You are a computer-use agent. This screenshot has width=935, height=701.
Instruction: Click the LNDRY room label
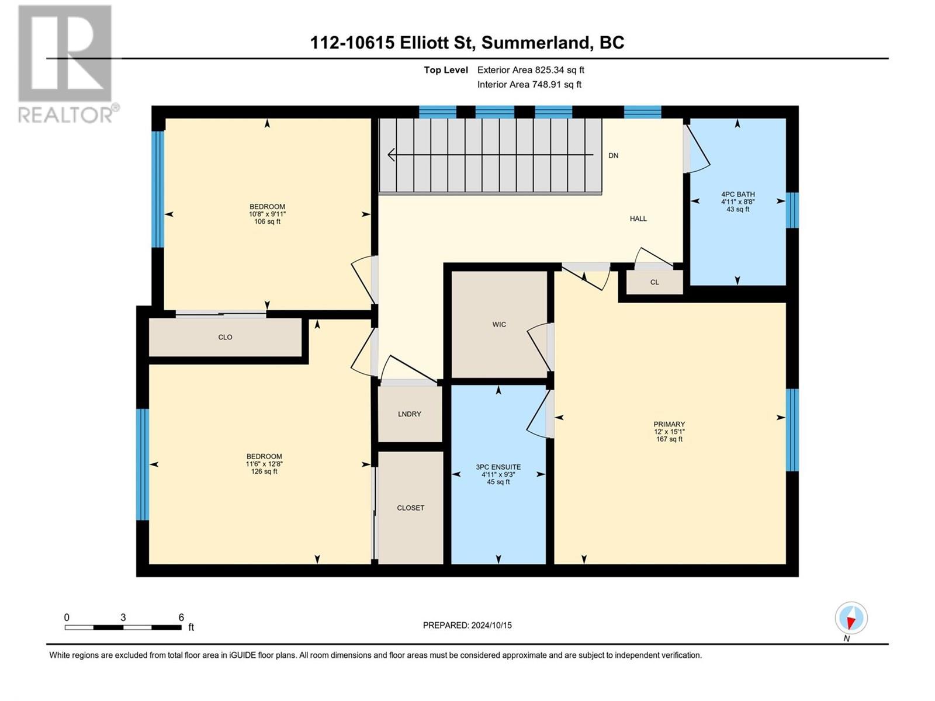pyautogui.click(x=409, y=414)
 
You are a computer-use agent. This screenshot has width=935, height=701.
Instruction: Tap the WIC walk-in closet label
pyautogui.click(x=499, y=325)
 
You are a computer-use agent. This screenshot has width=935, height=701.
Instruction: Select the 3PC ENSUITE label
pyautogui.click(x=498, y=467)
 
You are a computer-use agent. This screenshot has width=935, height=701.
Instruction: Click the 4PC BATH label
pyautogui.click(x=737, y=195)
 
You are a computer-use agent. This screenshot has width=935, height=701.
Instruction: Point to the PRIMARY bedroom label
pyautogui.click(x=669, y=425)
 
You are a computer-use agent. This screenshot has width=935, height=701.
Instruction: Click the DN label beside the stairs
pyautogui.click(x=613, y=156)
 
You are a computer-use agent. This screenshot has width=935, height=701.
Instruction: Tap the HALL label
pyautogui.click(x=638, y=219)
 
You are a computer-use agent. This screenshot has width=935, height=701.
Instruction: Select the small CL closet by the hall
pyautogui.click(x=654, y=282)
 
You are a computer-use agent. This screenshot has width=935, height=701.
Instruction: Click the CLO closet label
pyautogui.click(x=225, y=338)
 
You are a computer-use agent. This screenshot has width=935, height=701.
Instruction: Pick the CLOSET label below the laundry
pyautogui.click(x=410, y=508)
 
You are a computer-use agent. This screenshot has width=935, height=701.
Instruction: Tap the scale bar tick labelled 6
pyautogui.click(x=181, y=617)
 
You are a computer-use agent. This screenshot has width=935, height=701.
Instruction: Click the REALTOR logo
pyautogui.click(x=65, y=64)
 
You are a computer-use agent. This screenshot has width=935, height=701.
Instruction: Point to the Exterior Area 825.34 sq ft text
pyautogui.click(x=531, y=70)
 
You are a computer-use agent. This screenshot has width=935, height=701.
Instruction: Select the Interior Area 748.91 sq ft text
pyautogui.click(x=529, y=85)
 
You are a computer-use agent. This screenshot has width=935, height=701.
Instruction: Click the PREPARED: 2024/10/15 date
pyautogui.click(x=467, y=626)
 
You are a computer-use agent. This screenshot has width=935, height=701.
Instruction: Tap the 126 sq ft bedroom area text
pyautogui.click(x=264, y=471)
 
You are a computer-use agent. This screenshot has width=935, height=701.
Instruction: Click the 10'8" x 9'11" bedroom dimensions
pyautogui.click(x=267, y=214)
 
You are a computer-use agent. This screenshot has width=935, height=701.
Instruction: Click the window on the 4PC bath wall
pyautogui.click(x=792, y=210)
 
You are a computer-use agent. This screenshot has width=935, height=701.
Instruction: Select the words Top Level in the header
pyautogui.click(x=446, y=70)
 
